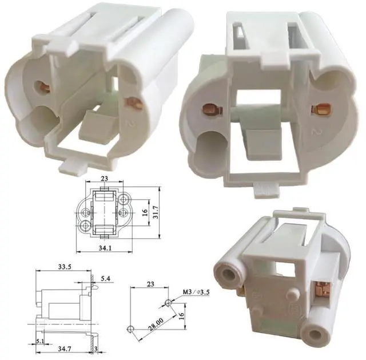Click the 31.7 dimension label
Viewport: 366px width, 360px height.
(x=156, y=212)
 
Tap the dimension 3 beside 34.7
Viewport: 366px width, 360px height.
(x=96, y=348)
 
